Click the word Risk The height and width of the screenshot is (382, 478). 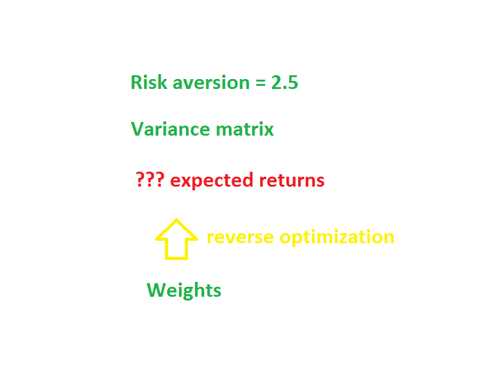click(x=149, y=82)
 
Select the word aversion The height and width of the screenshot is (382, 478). click(x=211, y=83)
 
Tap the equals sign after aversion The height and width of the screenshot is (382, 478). click(x=260, y=83)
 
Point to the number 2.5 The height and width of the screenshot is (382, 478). click(x=284, y=83)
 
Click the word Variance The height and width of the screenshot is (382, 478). click(x=171, y=129)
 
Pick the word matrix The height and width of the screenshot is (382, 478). click(x=245, y=129)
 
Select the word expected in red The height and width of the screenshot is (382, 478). click(x=212, y=181)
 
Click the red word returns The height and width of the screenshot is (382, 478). click(x=292, y=180)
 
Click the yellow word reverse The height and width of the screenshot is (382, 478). click(x=240, y=238)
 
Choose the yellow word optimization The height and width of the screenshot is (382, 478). click(x=337, y=238)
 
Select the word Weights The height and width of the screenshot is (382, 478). click(x=184, y=291)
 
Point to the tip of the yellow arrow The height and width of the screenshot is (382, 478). click(x=176, y=219)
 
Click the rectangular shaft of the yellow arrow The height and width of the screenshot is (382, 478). click(x=176, y=249)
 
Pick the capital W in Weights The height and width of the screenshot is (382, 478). click(x=157, y=290)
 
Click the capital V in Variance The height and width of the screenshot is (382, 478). click(x=138, y=129)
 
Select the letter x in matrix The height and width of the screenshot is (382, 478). click(x=268, y=131)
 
